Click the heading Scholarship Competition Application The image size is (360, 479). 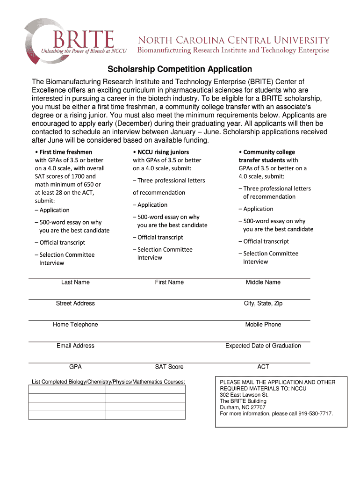pyautogui.click(x=180, y=69)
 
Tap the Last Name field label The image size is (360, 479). pyautogui.click(x=75, y=282)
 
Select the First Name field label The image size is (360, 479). pyautogui.click(x=169, y=282)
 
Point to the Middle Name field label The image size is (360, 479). pyautogui.click(x=263, y=282)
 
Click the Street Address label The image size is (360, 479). pyautogui.click(x=75, y=304)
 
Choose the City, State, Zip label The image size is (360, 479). pyautogui.click(x=263, y=304)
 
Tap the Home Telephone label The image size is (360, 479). pyautogui.click(x=75, y=325)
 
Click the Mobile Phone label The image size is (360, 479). pyautogui.click(x=263, y=325)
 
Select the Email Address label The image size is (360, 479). pyautogui.click(x=75, y=346)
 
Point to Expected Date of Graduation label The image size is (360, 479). pyautogui.click(x=263, y=346)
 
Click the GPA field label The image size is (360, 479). pyautogui.click(x=75, y=367)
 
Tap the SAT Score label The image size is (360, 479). pyautogui.click(x=169, y=367)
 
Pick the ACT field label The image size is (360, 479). pyautogui.click(x=263, y=367)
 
